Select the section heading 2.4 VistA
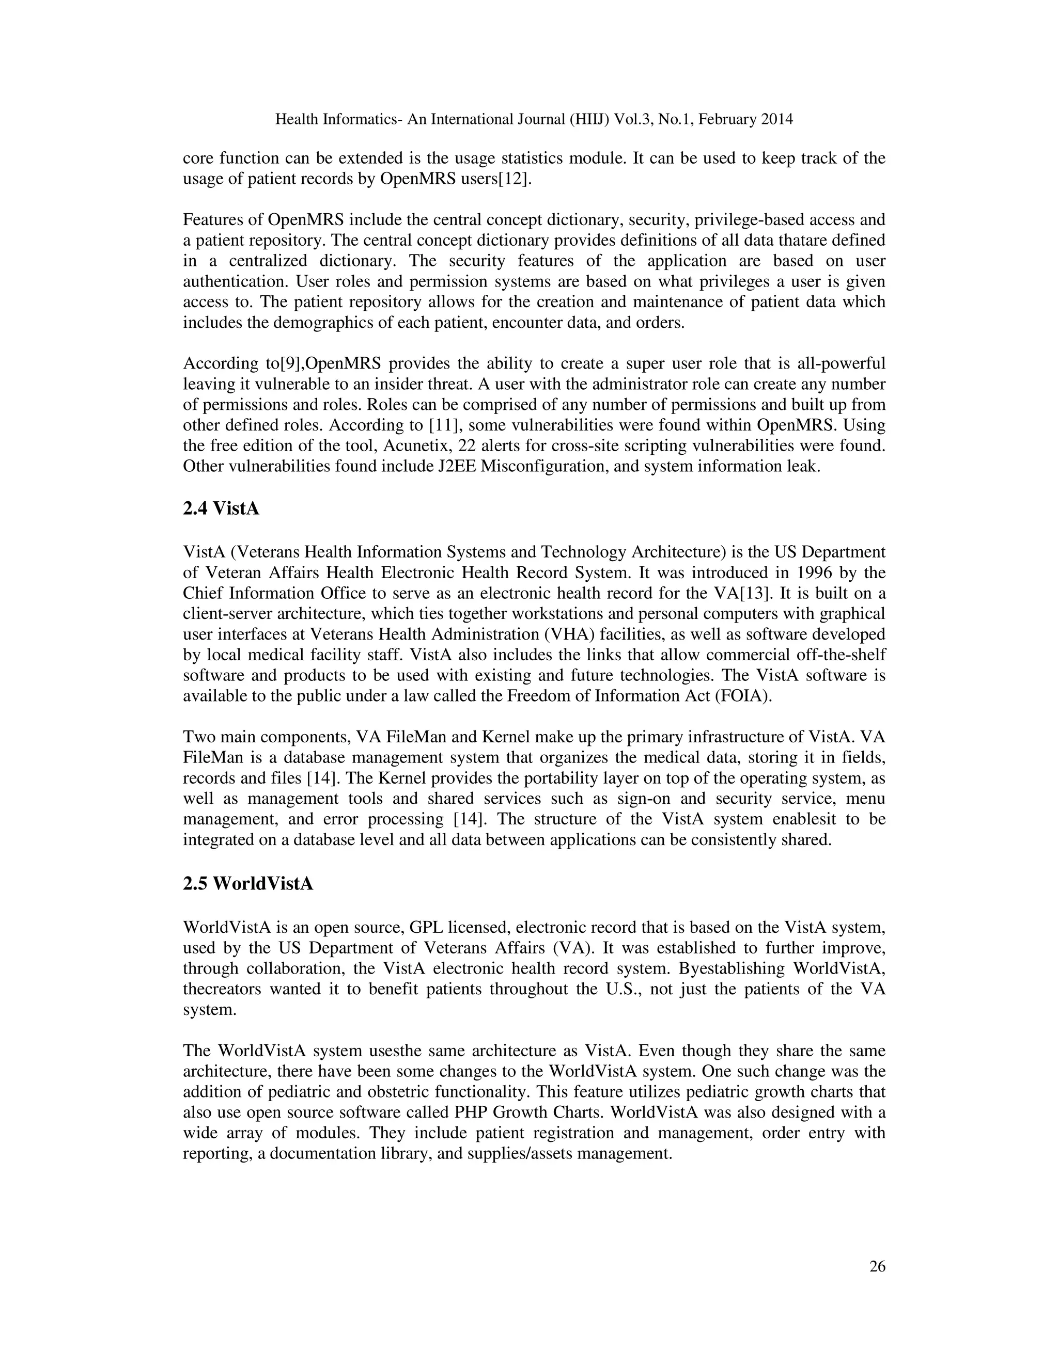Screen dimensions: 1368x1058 [221, 508]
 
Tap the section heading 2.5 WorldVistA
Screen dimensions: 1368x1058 [247, 884]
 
